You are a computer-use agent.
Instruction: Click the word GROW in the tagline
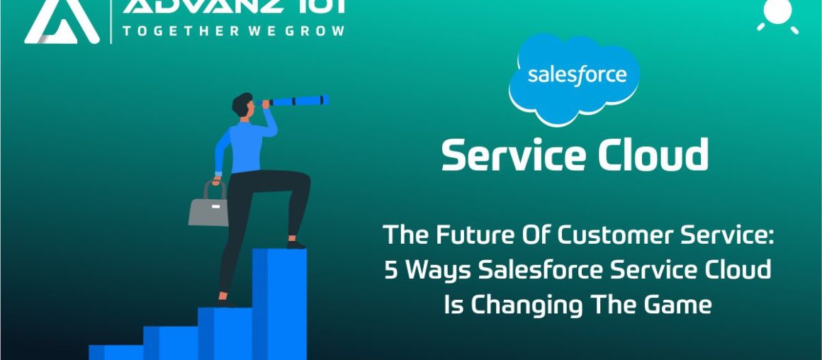coord(318,30)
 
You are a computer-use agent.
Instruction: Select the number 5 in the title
coord(391,270)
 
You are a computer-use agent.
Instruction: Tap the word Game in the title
coord(676,305)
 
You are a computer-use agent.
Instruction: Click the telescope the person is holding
coord(298,101)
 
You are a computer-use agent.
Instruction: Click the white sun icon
coord(778,15)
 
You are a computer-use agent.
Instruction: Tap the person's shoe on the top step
coord(295,244)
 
